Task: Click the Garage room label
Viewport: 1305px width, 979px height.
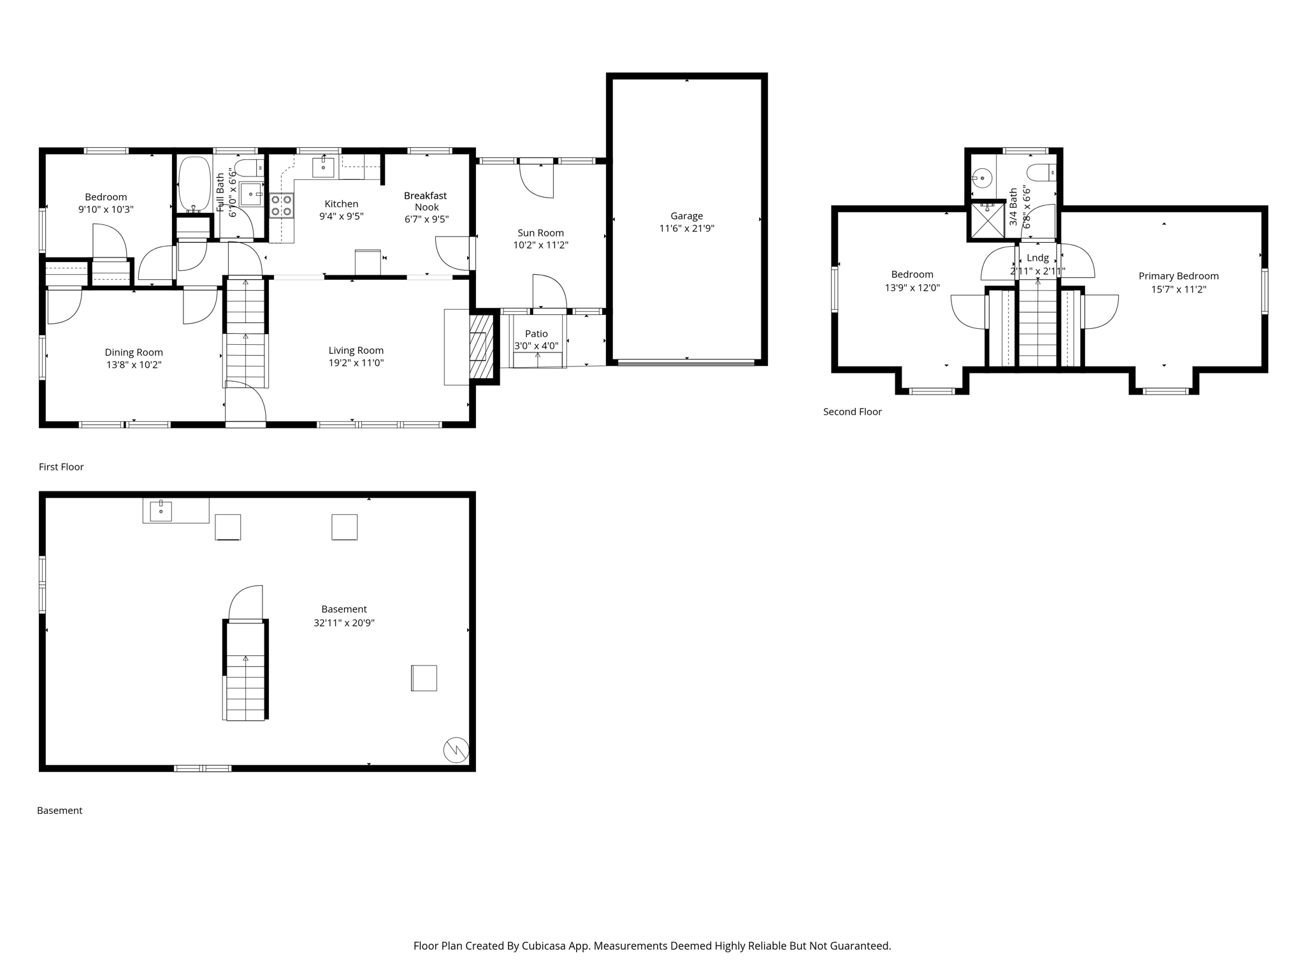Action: click(x=686, y=216)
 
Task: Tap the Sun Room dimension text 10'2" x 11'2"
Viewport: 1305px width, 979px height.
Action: click(x=540, y=245)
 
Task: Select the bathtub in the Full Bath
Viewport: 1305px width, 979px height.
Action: click(x=194, y=184)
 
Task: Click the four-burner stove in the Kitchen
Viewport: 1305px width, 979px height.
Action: click(x=282, y=205)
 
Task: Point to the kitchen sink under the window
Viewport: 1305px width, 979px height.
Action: click(x=324, y=167)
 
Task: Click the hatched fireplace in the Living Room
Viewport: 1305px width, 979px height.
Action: click(x=482, y=347)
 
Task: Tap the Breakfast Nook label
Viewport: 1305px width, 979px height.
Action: click(x=426, y=201)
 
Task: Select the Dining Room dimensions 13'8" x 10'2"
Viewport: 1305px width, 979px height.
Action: click(x=134, y=365)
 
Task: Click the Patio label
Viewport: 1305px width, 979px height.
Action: click(x=537, y=334)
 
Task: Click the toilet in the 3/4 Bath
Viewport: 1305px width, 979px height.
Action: click(x=1042, y=172)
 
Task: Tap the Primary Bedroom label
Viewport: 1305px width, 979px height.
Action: click(x=1179, y=276)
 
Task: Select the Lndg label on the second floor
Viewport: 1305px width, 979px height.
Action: click(x=1038, y=258)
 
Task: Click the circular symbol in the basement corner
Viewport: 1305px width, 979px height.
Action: click(x=456, y=750)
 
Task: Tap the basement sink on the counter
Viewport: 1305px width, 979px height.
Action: click(x=161, y=511)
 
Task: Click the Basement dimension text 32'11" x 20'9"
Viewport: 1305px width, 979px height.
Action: click(x=344, y=623)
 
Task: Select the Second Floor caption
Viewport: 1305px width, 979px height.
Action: click(x=853, y=412)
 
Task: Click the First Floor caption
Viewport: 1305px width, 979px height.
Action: click(x=61, y=467)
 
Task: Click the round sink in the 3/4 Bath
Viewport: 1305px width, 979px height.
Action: click(x=983, y=178)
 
